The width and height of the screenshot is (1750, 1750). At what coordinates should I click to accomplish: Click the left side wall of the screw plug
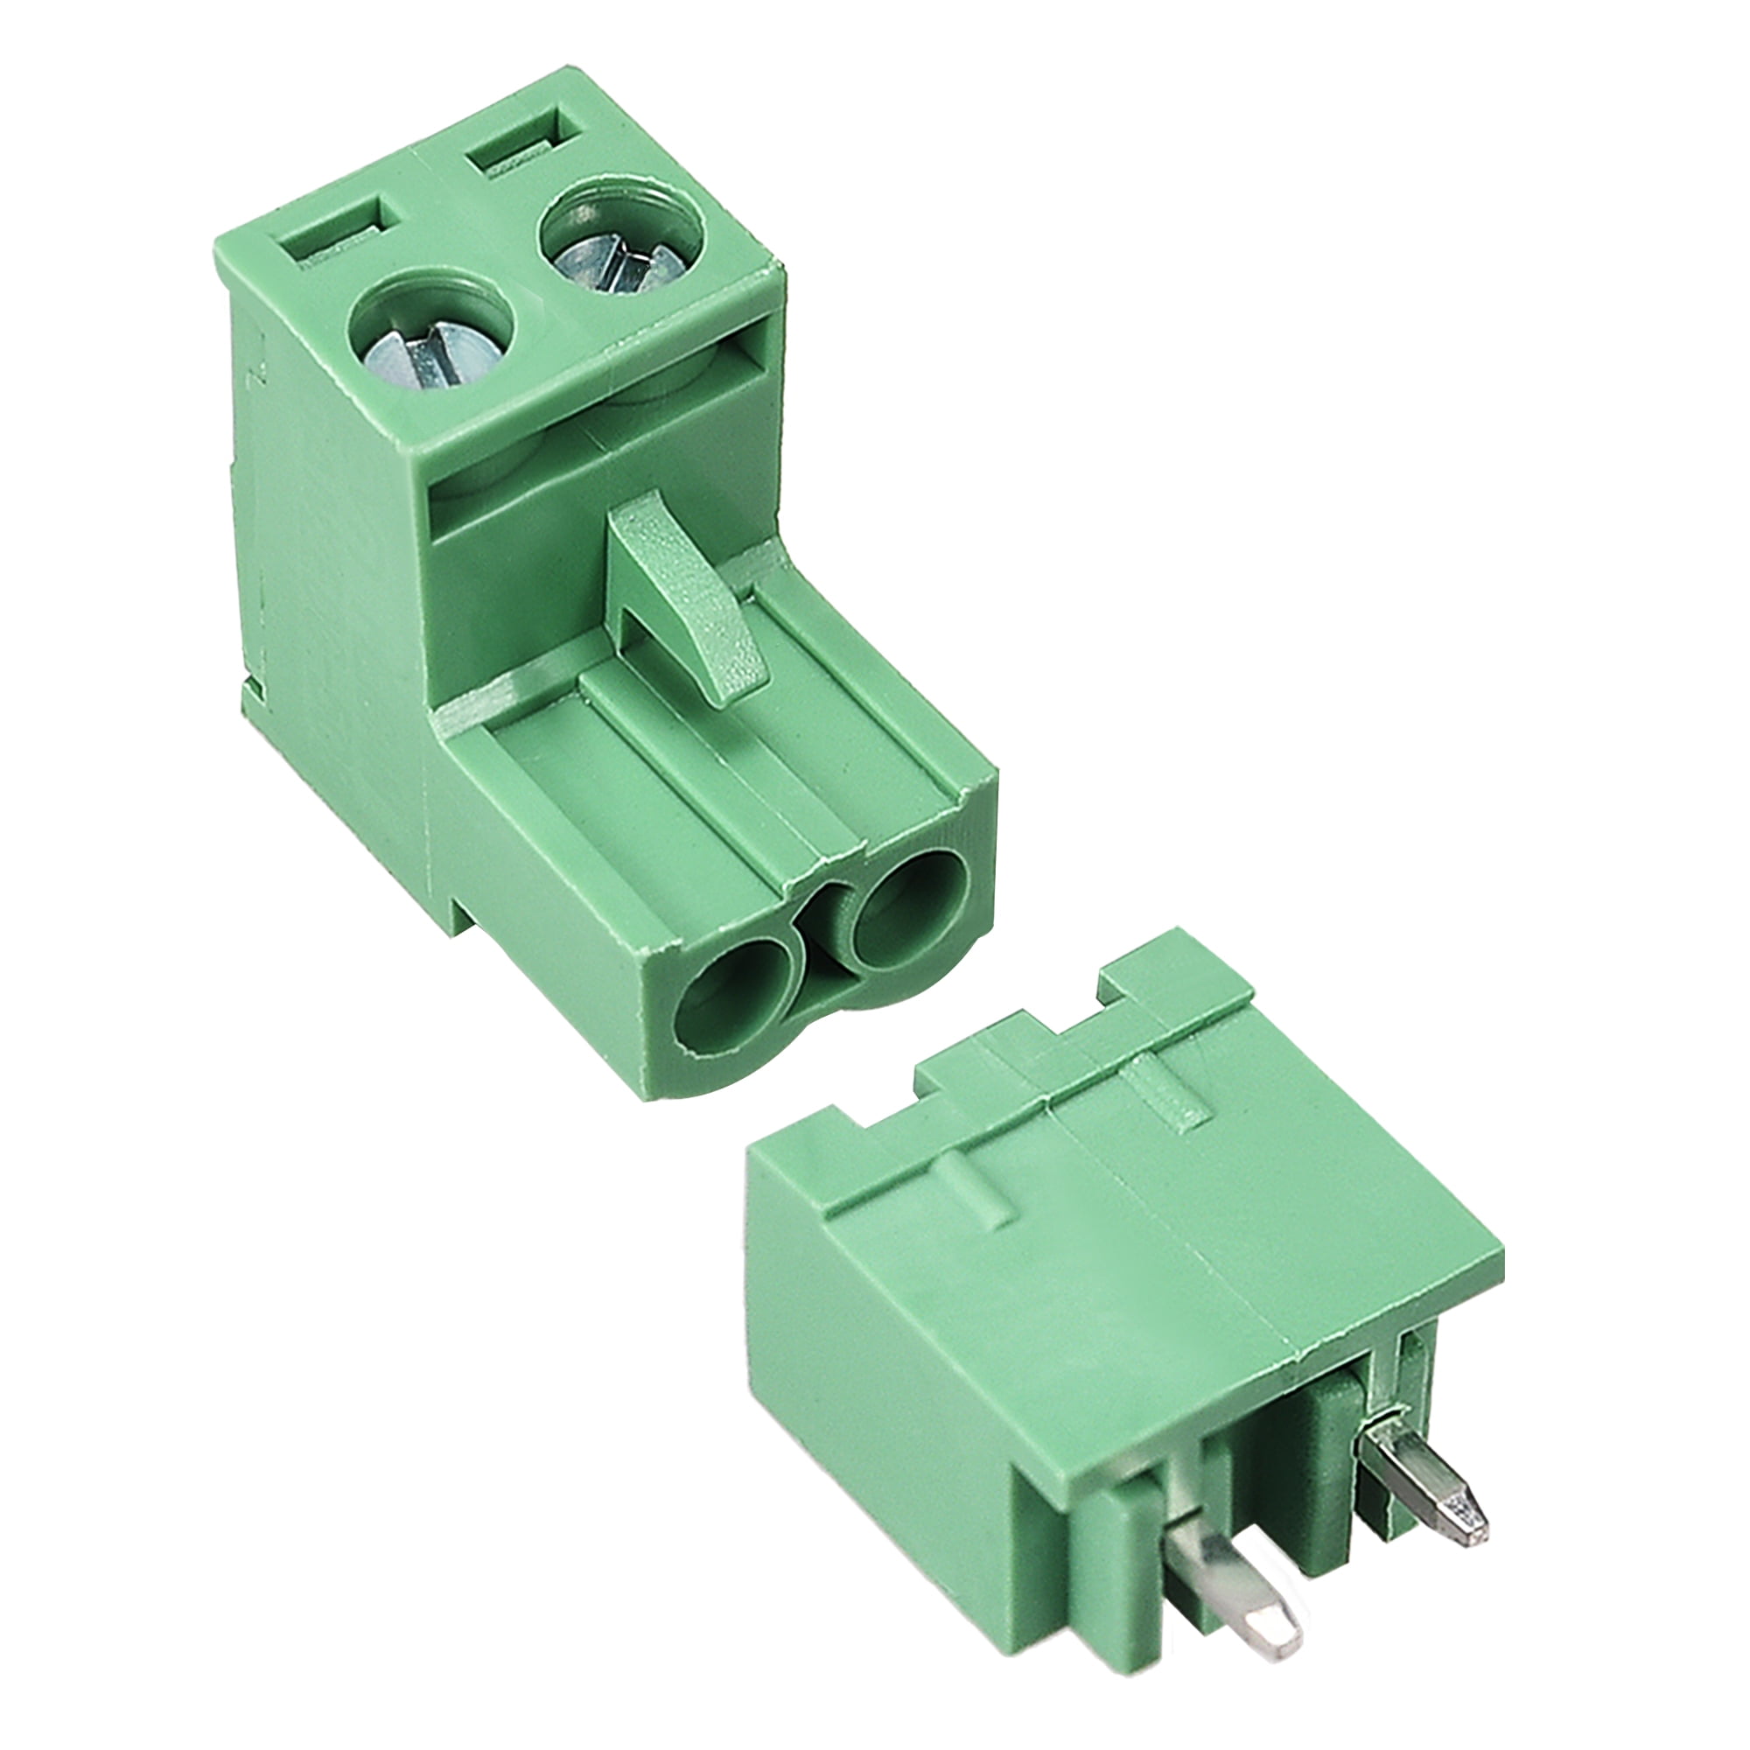pos(326,580)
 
